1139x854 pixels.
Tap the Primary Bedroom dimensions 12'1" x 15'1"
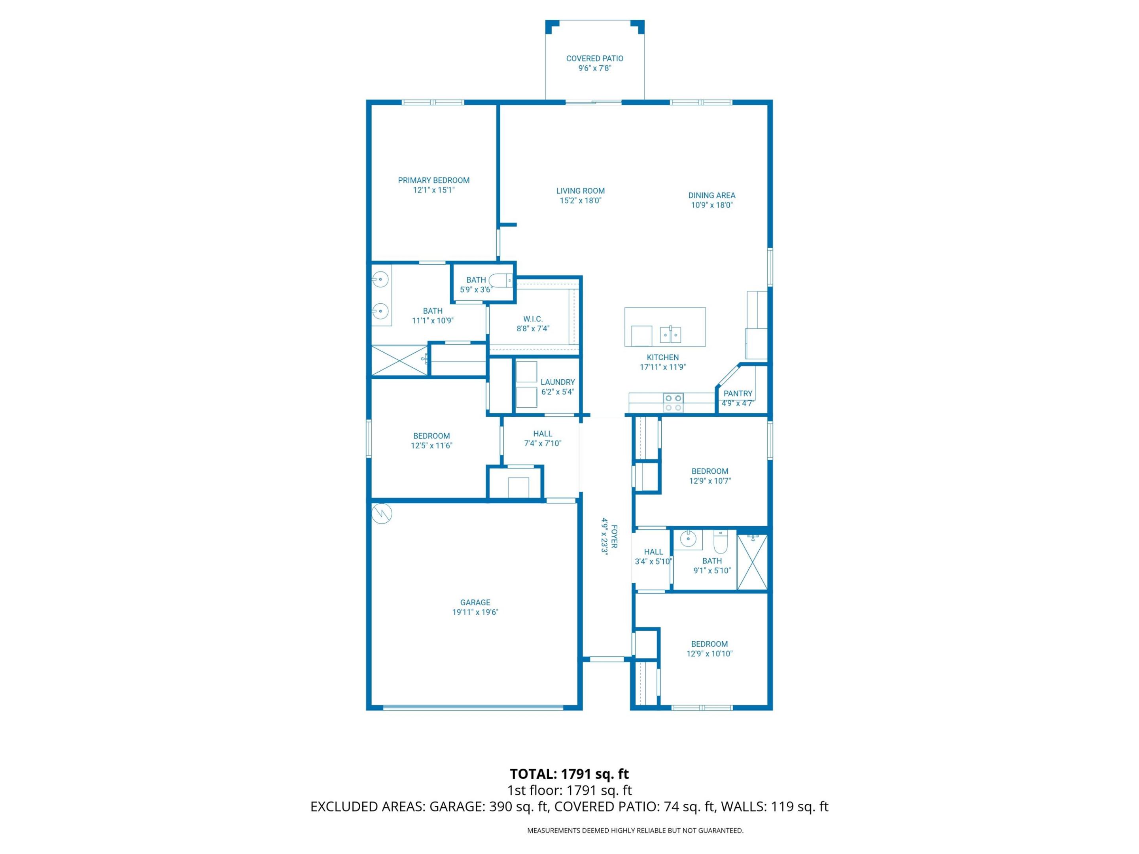click(x=433, y=190)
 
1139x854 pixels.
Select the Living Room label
click(x=580, y=191)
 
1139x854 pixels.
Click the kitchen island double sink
click(x=671, y=334)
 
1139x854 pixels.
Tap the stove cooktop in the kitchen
click(x=673, y=402)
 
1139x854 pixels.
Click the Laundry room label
click(x=558, y=382)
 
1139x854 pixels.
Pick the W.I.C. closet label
click(x=533, y=319)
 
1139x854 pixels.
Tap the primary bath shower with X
click(x=399, y=360)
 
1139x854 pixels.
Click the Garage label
click(x=475, y=602)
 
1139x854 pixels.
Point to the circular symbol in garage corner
click(x=382, y=513)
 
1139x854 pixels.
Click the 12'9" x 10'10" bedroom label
click(x=709, y=644)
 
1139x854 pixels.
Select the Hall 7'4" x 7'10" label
click(x=542, y=434)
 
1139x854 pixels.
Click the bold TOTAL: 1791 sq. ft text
click(x=569, y=774)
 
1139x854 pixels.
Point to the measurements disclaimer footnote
click(x=635, y=830)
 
